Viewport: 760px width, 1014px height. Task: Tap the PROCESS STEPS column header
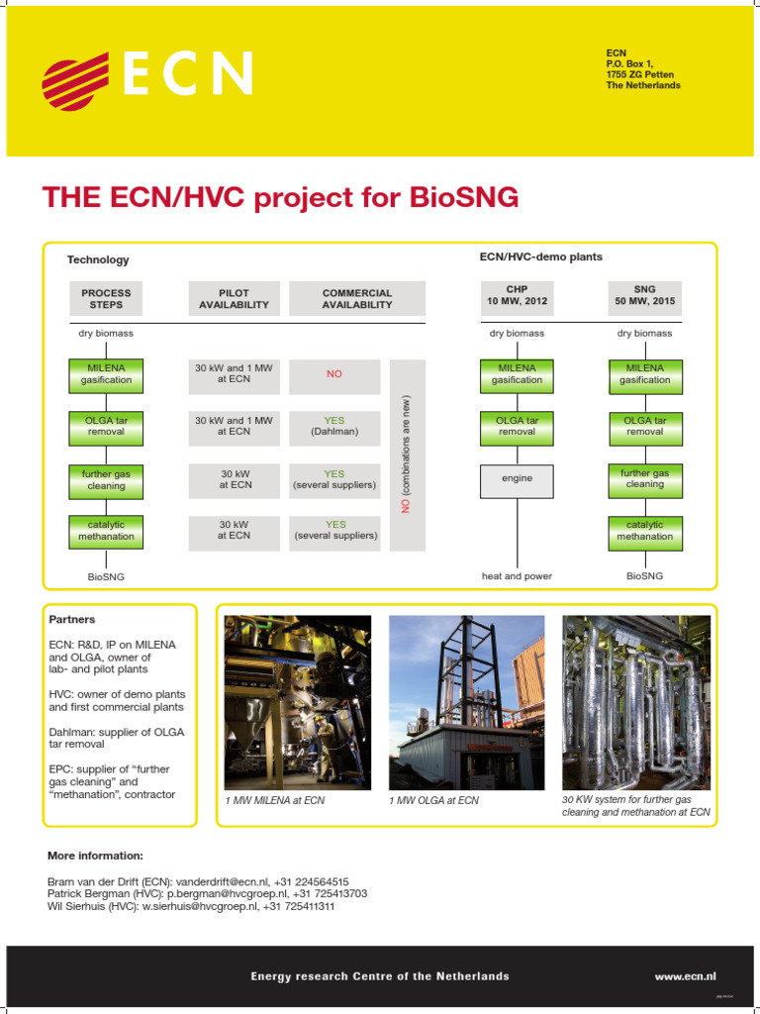(106, 298)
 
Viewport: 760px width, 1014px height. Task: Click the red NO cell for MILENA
(333, 375)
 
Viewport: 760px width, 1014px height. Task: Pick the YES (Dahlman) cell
(333, 426)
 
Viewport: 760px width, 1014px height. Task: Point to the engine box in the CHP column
(517, 478)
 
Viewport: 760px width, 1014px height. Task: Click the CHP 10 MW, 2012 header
(517, 295)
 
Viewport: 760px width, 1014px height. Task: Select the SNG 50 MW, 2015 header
(644, 295)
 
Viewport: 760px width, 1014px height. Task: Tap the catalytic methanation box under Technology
(106, 530)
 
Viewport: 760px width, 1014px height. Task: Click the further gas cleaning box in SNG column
(644, 478)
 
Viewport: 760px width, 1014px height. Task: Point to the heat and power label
(517, 575)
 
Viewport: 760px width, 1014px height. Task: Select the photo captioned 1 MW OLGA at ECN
(466, 700)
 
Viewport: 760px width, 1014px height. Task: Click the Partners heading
(72, 619)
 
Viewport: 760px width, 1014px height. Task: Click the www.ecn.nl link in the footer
(685, 975)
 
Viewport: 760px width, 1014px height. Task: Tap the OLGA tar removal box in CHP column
(517, 426)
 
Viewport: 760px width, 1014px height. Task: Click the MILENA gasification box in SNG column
(644, 374)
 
